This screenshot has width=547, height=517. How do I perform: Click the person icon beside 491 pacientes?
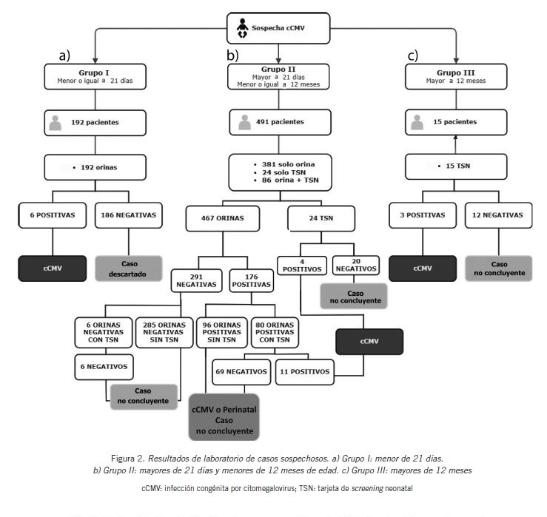tap(241, 121)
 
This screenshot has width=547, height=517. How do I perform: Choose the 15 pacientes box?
tap(455, 121)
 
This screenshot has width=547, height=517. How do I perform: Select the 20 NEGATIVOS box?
tap(356, 265)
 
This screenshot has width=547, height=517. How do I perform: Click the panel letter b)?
tap(232, 55)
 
